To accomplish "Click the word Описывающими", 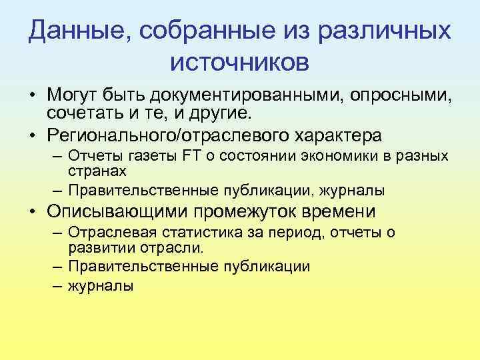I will (117, 211).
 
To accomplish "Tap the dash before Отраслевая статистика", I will (56, 233).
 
